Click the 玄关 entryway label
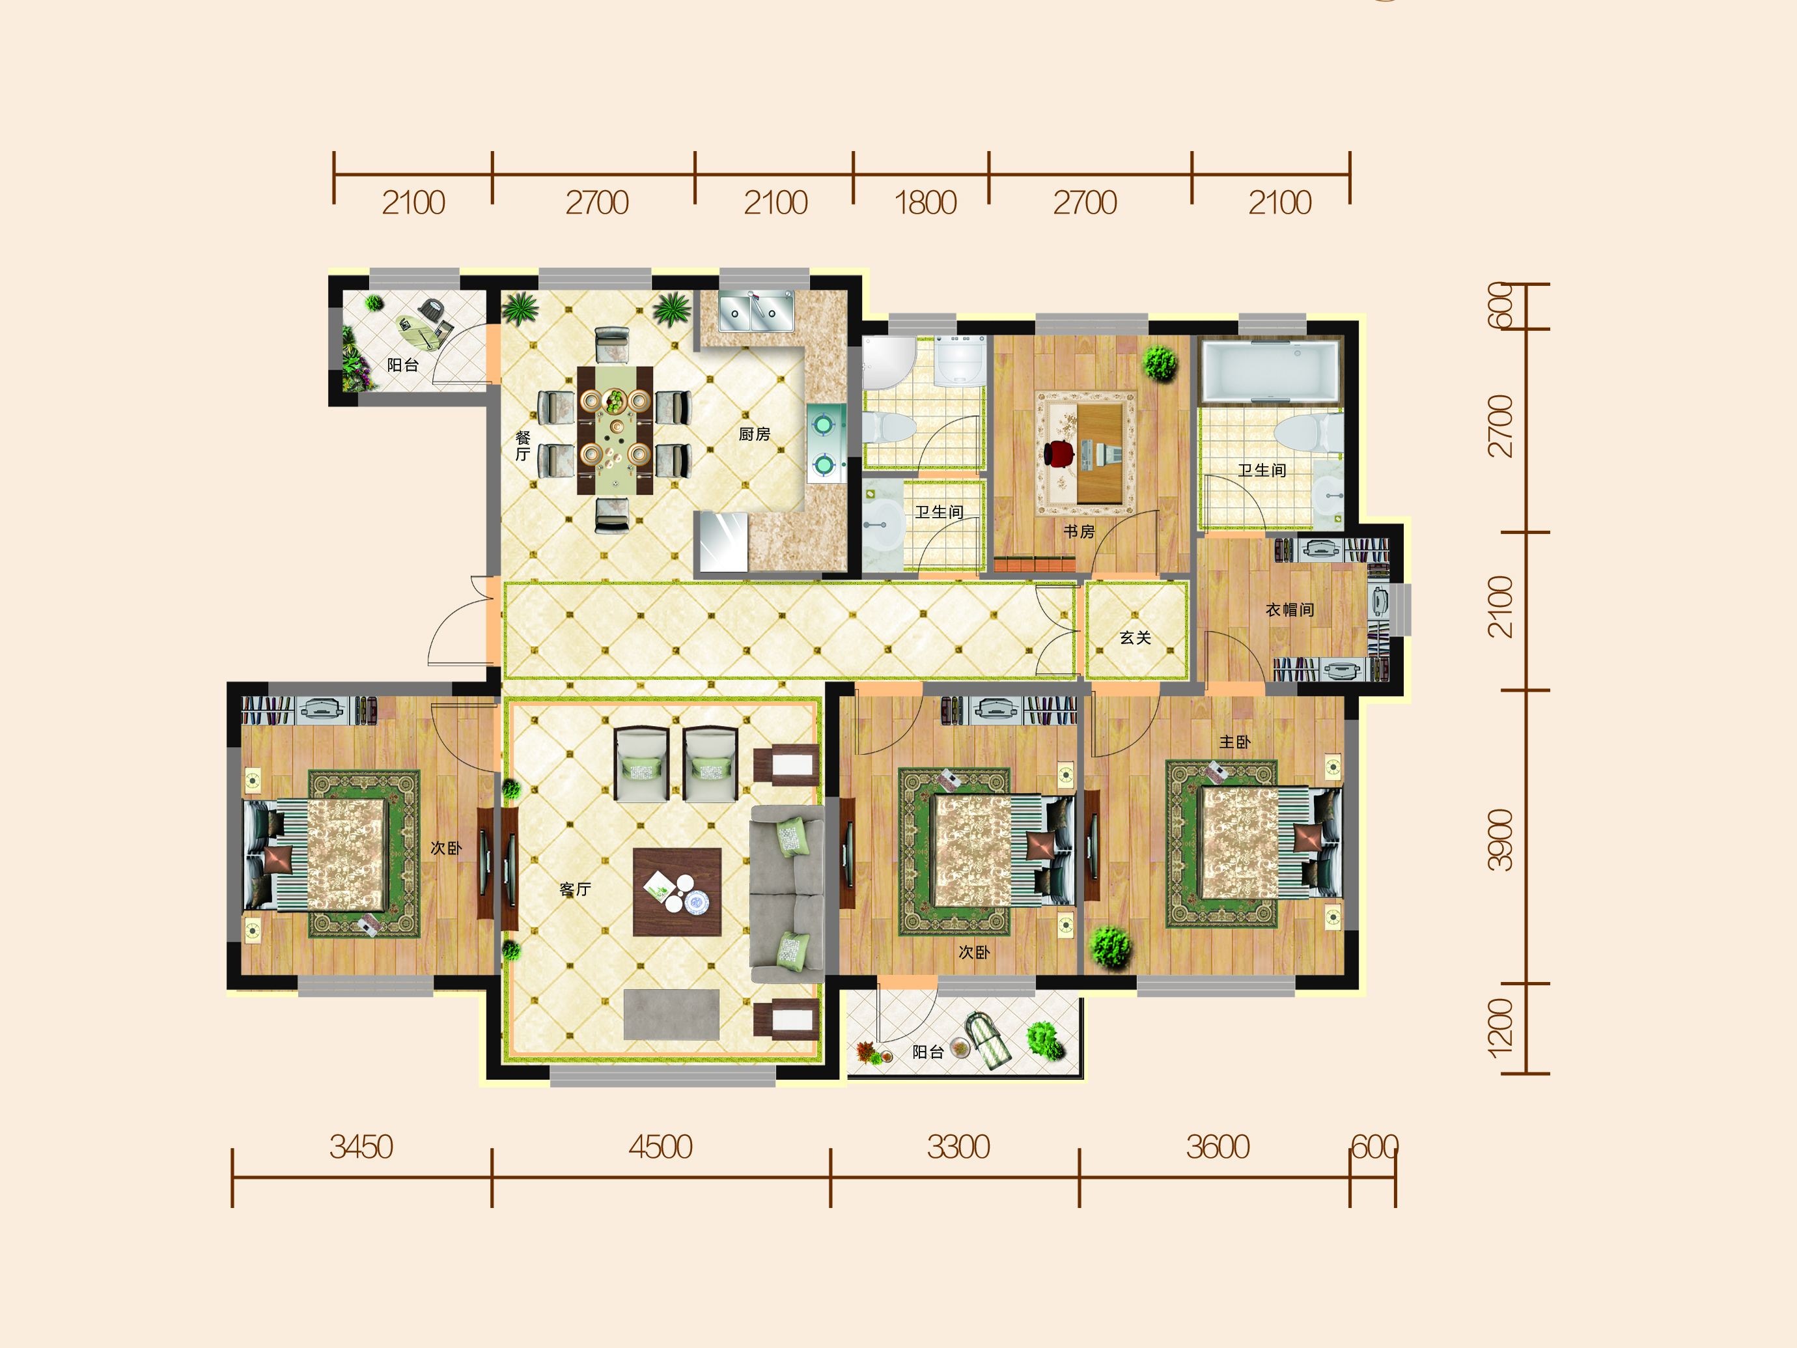click(x=1135, y=638)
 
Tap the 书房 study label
click(x=1079, y=531)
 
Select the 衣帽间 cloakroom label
click(x=1289, y=610)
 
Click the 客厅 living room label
click(x=575, y=889)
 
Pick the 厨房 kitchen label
click(x=754, y=434)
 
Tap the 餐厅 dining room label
click(x=522, y=446)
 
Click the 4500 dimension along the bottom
click(x=660, y=1147)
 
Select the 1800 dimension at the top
click(x=925, y=203)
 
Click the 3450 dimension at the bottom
click(x=361, y=1147)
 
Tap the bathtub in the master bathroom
click(x=1270, y=371)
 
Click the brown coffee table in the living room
click(x=676, y=892)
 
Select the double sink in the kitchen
click(x=755, y=311)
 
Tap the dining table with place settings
click(x=615, y=430)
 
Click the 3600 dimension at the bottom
click(x=1217, y=1147)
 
